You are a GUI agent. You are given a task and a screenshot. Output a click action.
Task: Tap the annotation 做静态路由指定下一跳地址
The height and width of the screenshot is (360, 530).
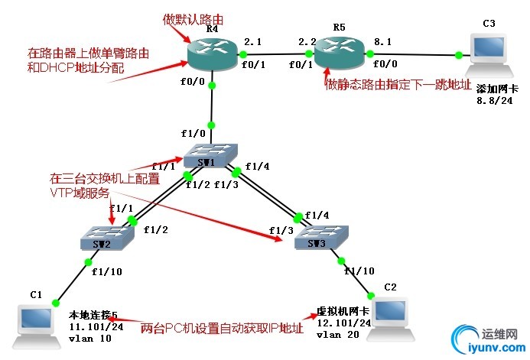tap(398, 84)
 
